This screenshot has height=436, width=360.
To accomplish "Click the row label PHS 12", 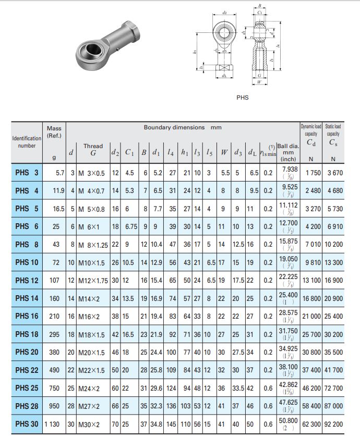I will [x=27, y=280].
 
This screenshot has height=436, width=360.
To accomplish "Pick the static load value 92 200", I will [x=333, y=424].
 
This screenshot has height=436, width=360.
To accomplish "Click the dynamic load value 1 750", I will [x=310, y=173].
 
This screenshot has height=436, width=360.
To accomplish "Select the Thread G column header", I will [x=93, y=150].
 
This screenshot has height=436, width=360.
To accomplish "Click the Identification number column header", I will [x=27, y=142].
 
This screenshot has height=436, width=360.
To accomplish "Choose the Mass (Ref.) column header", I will [x=54, y=132].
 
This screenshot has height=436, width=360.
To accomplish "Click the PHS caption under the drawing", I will [x=243, y=97].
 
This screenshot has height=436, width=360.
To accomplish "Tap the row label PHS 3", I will [x=27, y=173].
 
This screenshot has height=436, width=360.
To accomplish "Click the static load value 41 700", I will [x=333, y=370].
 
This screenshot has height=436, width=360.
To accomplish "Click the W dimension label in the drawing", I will [x=259, y=82].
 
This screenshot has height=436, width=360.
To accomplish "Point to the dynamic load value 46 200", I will [x=310, y=388].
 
